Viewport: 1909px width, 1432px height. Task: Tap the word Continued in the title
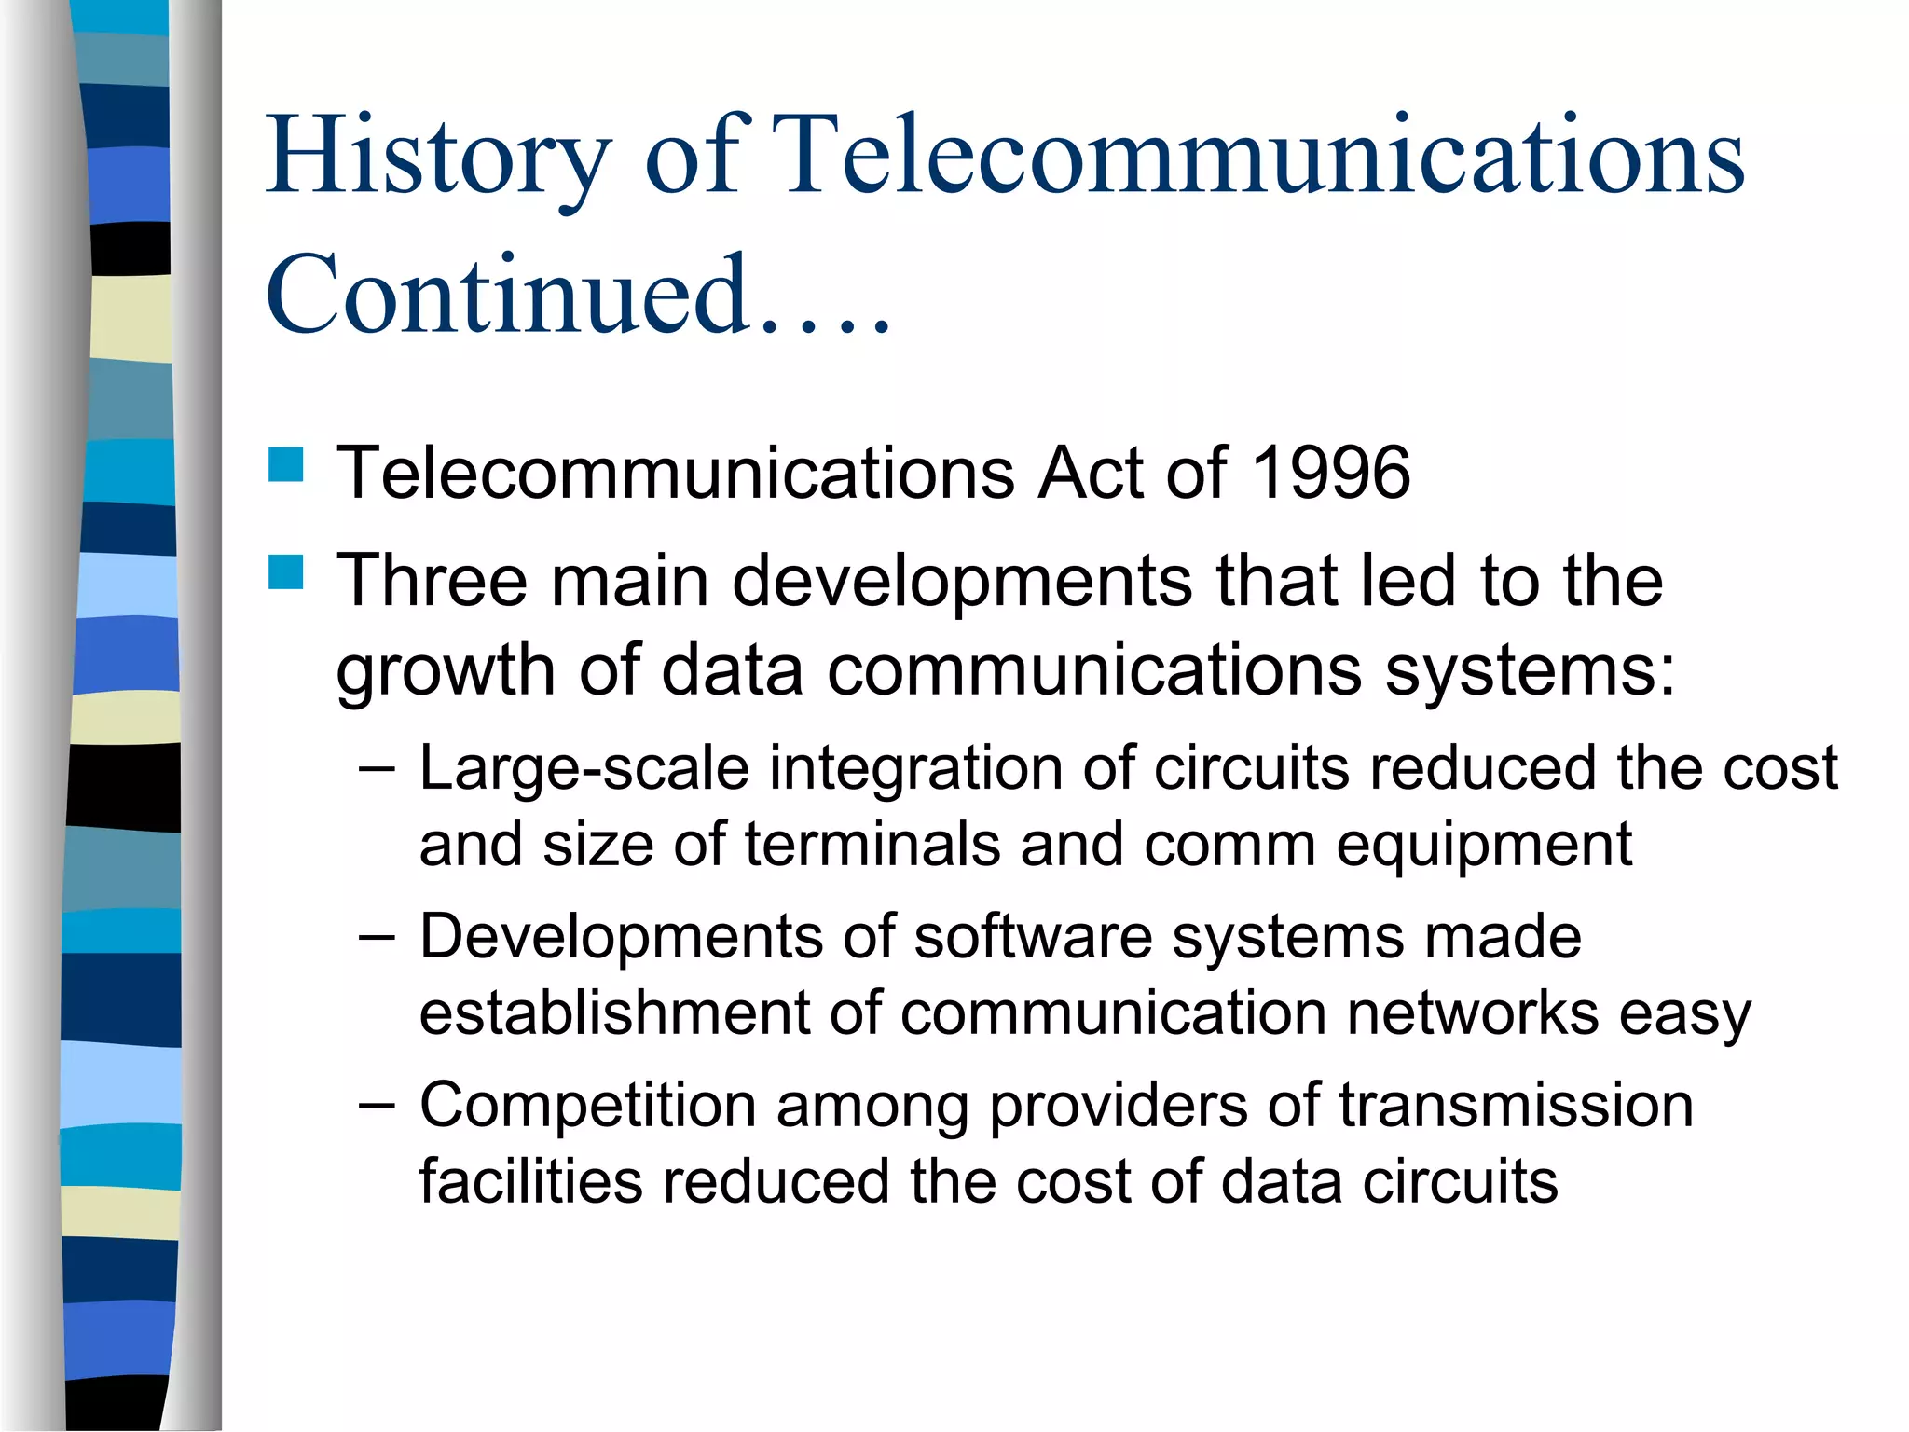pyautogui.click(x=508, y=296)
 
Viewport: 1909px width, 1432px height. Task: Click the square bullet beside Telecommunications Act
pyautogui.click(x=286, y=464)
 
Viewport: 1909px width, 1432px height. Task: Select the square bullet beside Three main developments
pyautogui.click(x=286, y=571)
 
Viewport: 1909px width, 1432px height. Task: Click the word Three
pyautogui.click(x=432, y=581)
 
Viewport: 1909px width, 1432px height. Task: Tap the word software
pyautogui.click(x=1033, y=937)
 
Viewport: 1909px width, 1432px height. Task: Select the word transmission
pyautogui.click(x=1516, y=1107)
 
